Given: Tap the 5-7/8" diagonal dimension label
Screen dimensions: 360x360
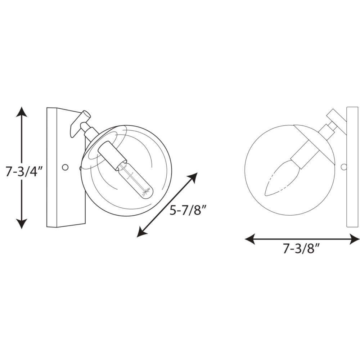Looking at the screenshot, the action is click(x=188, y=210).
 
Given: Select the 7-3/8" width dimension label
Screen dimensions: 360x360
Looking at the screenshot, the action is click(x=301, y=248).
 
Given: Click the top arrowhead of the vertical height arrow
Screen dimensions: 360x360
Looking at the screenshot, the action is click(x=22, y=112).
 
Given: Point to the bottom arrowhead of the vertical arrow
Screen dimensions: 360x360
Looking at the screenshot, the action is click(x=22, y=224).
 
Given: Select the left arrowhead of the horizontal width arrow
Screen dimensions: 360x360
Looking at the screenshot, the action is click(x=250, y=239).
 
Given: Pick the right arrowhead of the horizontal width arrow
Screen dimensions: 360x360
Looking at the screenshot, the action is click(x=354, y=239).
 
